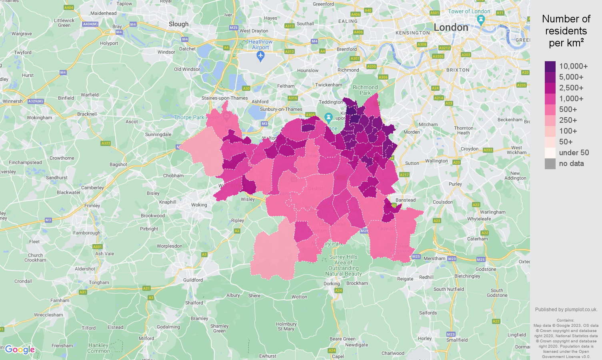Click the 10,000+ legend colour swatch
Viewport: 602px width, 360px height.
(x=550, y=66)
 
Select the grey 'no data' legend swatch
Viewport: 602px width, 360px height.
(x=550, y=164)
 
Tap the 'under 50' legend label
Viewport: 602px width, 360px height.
(x=574, y=153)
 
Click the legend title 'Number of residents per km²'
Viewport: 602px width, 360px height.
(x=566, y=31)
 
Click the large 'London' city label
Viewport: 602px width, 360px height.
(x=451, y=28)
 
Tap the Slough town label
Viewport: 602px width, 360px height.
(x=178, y=24)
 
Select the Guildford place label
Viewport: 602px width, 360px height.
(x=193, y=280)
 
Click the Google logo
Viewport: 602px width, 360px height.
(x=20, y=350)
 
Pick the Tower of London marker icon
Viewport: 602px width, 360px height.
(x=481, y=19)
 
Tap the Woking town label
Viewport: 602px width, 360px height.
(x=199, y=205)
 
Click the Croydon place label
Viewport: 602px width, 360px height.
(x=469, y=149)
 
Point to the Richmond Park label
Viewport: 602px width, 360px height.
(x=365, y=90)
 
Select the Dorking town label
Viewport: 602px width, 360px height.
(x=332, y=284)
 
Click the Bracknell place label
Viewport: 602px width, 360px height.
(x=87, y=114)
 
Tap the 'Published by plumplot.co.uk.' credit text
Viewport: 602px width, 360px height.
(x=566, y=310)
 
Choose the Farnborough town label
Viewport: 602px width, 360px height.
(x=86, y=233)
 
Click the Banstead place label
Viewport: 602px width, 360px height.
(x=405, y=200)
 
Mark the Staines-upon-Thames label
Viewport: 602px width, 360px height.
(x=224, y=98)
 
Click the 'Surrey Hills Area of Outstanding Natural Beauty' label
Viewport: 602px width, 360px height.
(x=343, y=265)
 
